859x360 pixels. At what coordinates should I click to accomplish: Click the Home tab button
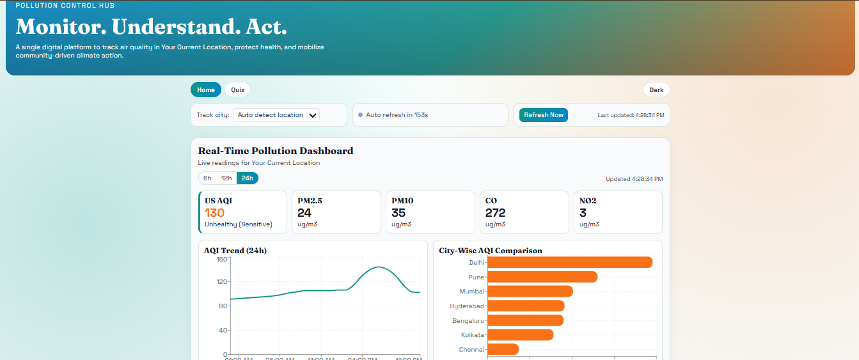(x=206, y=90)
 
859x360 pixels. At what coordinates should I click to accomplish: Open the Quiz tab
(x=238, y=90)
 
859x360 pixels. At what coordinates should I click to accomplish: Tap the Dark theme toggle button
(x=656, y=90)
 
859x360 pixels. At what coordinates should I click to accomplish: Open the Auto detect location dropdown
(x=276, y=115)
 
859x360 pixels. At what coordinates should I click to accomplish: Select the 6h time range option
(x=207, y=178)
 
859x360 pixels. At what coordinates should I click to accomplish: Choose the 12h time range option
(x=226, y=178)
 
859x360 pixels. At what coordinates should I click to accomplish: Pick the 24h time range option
(x=247, y=178)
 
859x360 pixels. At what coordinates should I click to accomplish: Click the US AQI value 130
(x=215, y=213)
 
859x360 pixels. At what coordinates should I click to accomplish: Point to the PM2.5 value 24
(x=304, y=213)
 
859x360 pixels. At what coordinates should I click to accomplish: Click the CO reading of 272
(x=495, y=213)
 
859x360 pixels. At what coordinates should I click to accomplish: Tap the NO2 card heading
(x=588, y=201)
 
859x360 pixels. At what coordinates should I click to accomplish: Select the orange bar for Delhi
(x=569, y=262)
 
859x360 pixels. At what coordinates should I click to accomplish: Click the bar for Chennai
(x=503, y=349)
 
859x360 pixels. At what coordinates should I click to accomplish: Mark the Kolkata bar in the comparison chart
(x=520, y=334)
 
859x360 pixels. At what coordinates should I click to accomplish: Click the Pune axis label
(x=476, y=277)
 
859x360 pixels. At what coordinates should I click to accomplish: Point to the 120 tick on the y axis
(x=221, y=281)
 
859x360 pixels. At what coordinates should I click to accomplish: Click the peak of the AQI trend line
(x=379, y=267)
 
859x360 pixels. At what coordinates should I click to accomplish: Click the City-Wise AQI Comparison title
(x=491, y=251)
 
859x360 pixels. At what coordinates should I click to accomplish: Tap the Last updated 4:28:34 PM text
(x=631, y=115)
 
